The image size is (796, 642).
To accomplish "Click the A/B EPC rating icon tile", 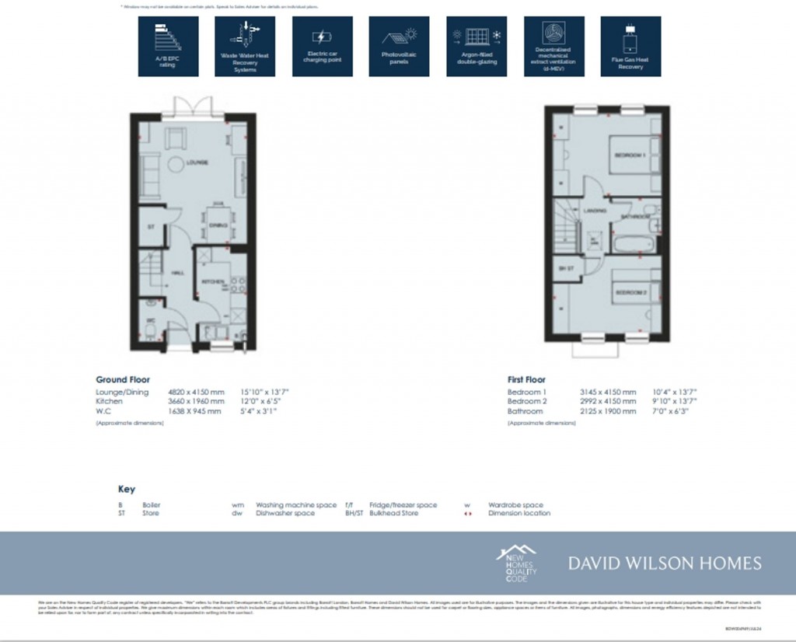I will pyautogui.click(x=168, y=47).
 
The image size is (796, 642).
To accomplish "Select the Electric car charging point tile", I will pyautogui.click(x=322, y=47).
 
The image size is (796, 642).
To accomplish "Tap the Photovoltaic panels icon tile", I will pyautogui.click(x=399, y=47).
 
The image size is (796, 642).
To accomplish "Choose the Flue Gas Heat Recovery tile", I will pyautogui.click(x=630, y=47).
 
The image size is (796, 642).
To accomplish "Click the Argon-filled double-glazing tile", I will pyautogui.click(x=476, y=47).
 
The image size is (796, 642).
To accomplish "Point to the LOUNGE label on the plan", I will pyautogui.click(x=197, y=162).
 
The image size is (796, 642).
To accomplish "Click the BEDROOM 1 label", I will pyautogui.click(x=630, y=155).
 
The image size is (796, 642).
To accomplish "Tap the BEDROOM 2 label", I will pyautogui.click(x=631, y=292).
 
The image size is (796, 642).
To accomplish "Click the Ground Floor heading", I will pyautogui.click(x=123, y=380).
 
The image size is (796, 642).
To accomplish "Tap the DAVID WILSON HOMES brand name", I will pyautogui.click(x=665, y=563).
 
